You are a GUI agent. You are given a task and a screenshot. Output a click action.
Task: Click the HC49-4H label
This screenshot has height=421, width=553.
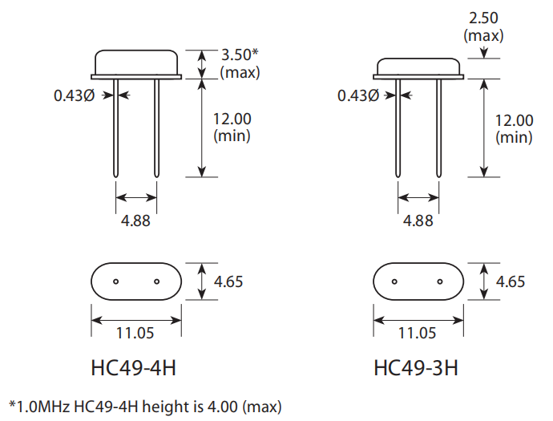point(133,369)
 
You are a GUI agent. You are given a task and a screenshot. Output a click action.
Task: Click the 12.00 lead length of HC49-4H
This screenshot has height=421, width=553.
point(232,119)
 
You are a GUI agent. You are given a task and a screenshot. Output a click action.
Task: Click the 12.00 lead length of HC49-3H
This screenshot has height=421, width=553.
point(514,121)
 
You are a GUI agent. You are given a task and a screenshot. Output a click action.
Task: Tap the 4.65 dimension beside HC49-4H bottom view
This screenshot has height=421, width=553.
point(228,281)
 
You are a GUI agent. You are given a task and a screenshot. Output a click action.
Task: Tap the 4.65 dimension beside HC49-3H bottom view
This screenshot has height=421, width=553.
point(511,281)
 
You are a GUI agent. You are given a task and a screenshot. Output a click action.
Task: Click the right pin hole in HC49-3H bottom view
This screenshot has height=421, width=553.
point(439,281)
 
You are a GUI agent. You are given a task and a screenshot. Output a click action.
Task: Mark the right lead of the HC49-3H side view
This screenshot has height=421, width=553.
point(439,128)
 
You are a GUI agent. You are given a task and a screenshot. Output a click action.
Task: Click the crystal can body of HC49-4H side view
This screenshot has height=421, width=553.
point(137,63)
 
